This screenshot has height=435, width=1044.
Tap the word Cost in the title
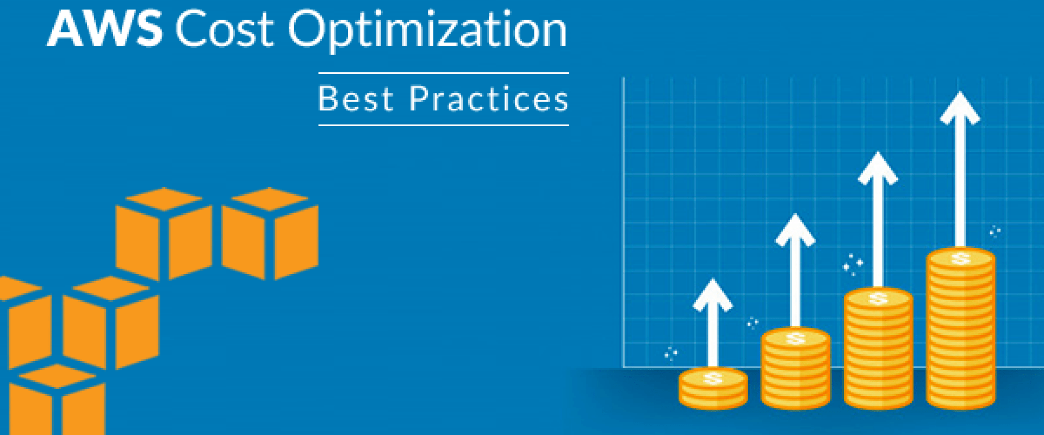pyautogui.click(x=225, y=29)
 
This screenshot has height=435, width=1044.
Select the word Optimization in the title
pyautogui.click(x=427, y=30)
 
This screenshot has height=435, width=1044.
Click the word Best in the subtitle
pyautogui.click(x=356, y=99)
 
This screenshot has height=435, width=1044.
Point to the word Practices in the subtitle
pyautogui.click(x=488, y=99)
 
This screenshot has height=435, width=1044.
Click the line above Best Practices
pyautogui.click(x=443, y=73)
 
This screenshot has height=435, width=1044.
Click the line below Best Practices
pyautogui.click(x=443, y=125)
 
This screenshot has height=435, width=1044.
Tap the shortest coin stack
pyautogui.click(x=713, y=388)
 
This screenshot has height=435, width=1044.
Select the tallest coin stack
pyautogui.click(x=961, y=329)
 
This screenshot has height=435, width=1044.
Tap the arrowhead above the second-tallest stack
pyautogui.click(x=878, y=168)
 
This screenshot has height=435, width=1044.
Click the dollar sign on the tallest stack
pyautogui.click(x=961, y=258)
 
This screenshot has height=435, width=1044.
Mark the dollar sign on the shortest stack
pyautogui.click(x=712, y=377)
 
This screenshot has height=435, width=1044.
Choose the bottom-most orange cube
pyautogui.click(x=57, y=400)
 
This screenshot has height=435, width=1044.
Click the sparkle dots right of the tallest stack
pyautogui.click(x=995, y=232)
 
